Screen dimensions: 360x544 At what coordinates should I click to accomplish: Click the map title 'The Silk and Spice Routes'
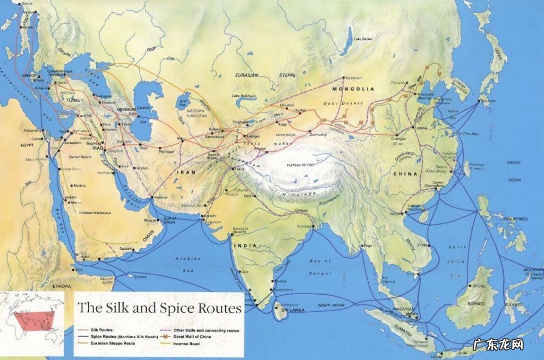coord(159,307)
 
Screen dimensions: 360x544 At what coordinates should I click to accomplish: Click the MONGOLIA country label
coord(353,89)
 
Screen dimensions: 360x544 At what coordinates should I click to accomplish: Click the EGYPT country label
coord(28,145)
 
